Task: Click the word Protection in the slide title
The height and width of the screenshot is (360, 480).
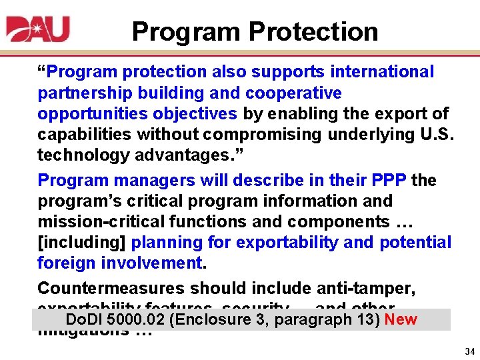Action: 313,31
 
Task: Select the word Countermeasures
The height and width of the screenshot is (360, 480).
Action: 112,288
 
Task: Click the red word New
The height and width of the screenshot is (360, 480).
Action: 401,319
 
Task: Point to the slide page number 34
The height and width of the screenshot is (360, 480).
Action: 469,351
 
